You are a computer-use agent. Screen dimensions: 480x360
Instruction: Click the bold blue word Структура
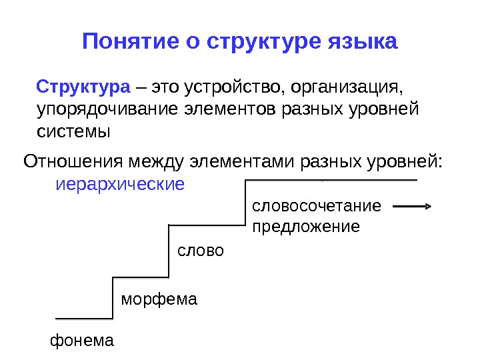83,87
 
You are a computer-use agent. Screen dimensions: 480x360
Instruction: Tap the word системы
73,131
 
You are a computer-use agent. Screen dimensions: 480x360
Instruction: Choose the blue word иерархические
119,183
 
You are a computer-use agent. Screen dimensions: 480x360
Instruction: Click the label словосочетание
317,205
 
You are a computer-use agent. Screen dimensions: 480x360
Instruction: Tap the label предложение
305,227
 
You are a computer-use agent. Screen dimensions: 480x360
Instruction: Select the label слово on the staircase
201,251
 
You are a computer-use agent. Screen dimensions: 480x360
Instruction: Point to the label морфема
159,299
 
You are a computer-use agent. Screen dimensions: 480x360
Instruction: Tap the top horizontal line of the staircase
332,179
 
